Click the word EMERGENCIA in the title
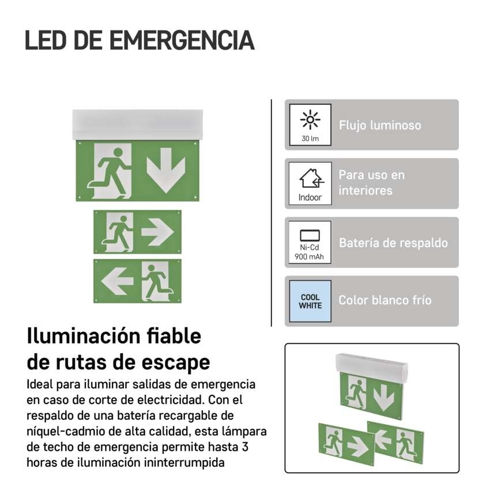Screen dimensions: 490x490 pyautogui.click(x=182, y=40)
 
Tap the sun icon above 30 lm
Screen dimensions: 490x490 pyautogui.click(x=310, y=119)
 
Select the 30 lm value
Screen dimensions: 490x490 pyautogui.click(x=310, y=138)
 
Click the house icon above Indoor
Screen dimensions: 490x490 pyautogui.click(x=312, y=178)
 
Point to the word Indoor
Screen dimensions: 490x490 pyautogui.click(x=310, y=198)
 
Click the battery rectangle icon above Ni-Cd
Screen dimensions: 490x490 pyautogui.click(x=310, y=236)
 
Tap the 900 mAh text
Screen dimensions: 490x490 pyautogui.click(x=309, y=257)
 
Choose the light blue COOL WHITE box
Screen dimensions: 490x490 pyautogui.click(x=310, y=301)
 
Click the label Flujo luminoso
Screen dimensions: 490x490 pyautogui.click(x=380, y=125)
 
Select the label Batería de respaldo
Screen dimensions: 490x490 pyautogui.click(x=393, y=243)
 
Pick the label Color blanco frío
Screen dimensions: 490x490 pyautogui.click(x=385, y=300)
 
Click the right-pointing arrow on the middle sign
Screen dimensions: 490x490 pyautogui.click(x=157, y=232)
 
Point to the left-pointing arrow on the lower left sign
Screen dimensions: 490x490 pyautogui.click(x=118, y=281)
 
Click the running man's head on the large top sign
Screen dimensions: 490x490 pyautogui.click(x=118, y=153)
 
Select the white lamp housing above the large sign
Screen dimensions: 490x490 pyautogui.click(x=138, y=125)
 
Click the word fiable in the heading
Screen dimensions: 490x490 pyautogui.click(x=174, y=336)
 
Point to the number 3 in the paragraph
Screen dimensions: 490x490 pyautogui.click(x=245, y=447)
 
